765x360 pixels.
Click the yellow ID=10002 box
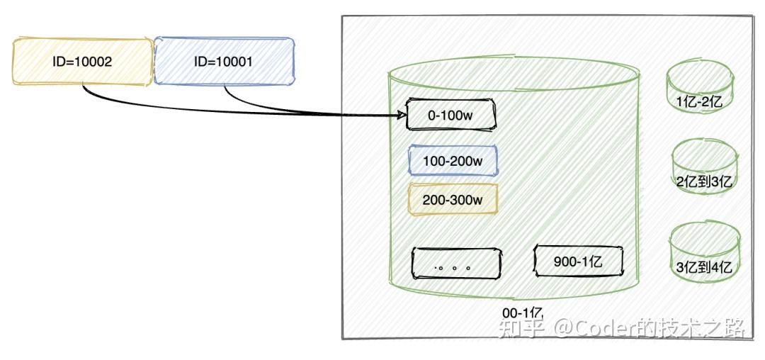[82, 62]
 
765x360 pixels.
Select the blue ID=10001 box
[224, 62]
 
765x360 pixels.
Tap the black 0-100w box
[450, 116]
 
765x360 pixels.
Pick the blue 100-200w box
[453, 161]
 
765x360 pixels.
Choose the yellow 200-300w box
[453, 200]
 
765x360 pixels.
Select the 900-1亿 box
[578, 261]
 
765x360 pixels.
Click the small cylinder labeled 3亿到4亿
[704, 253]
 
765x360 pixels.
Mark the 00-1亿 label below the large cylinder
[523, 313]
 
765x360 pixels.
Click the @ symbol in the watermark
[563, 328]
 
